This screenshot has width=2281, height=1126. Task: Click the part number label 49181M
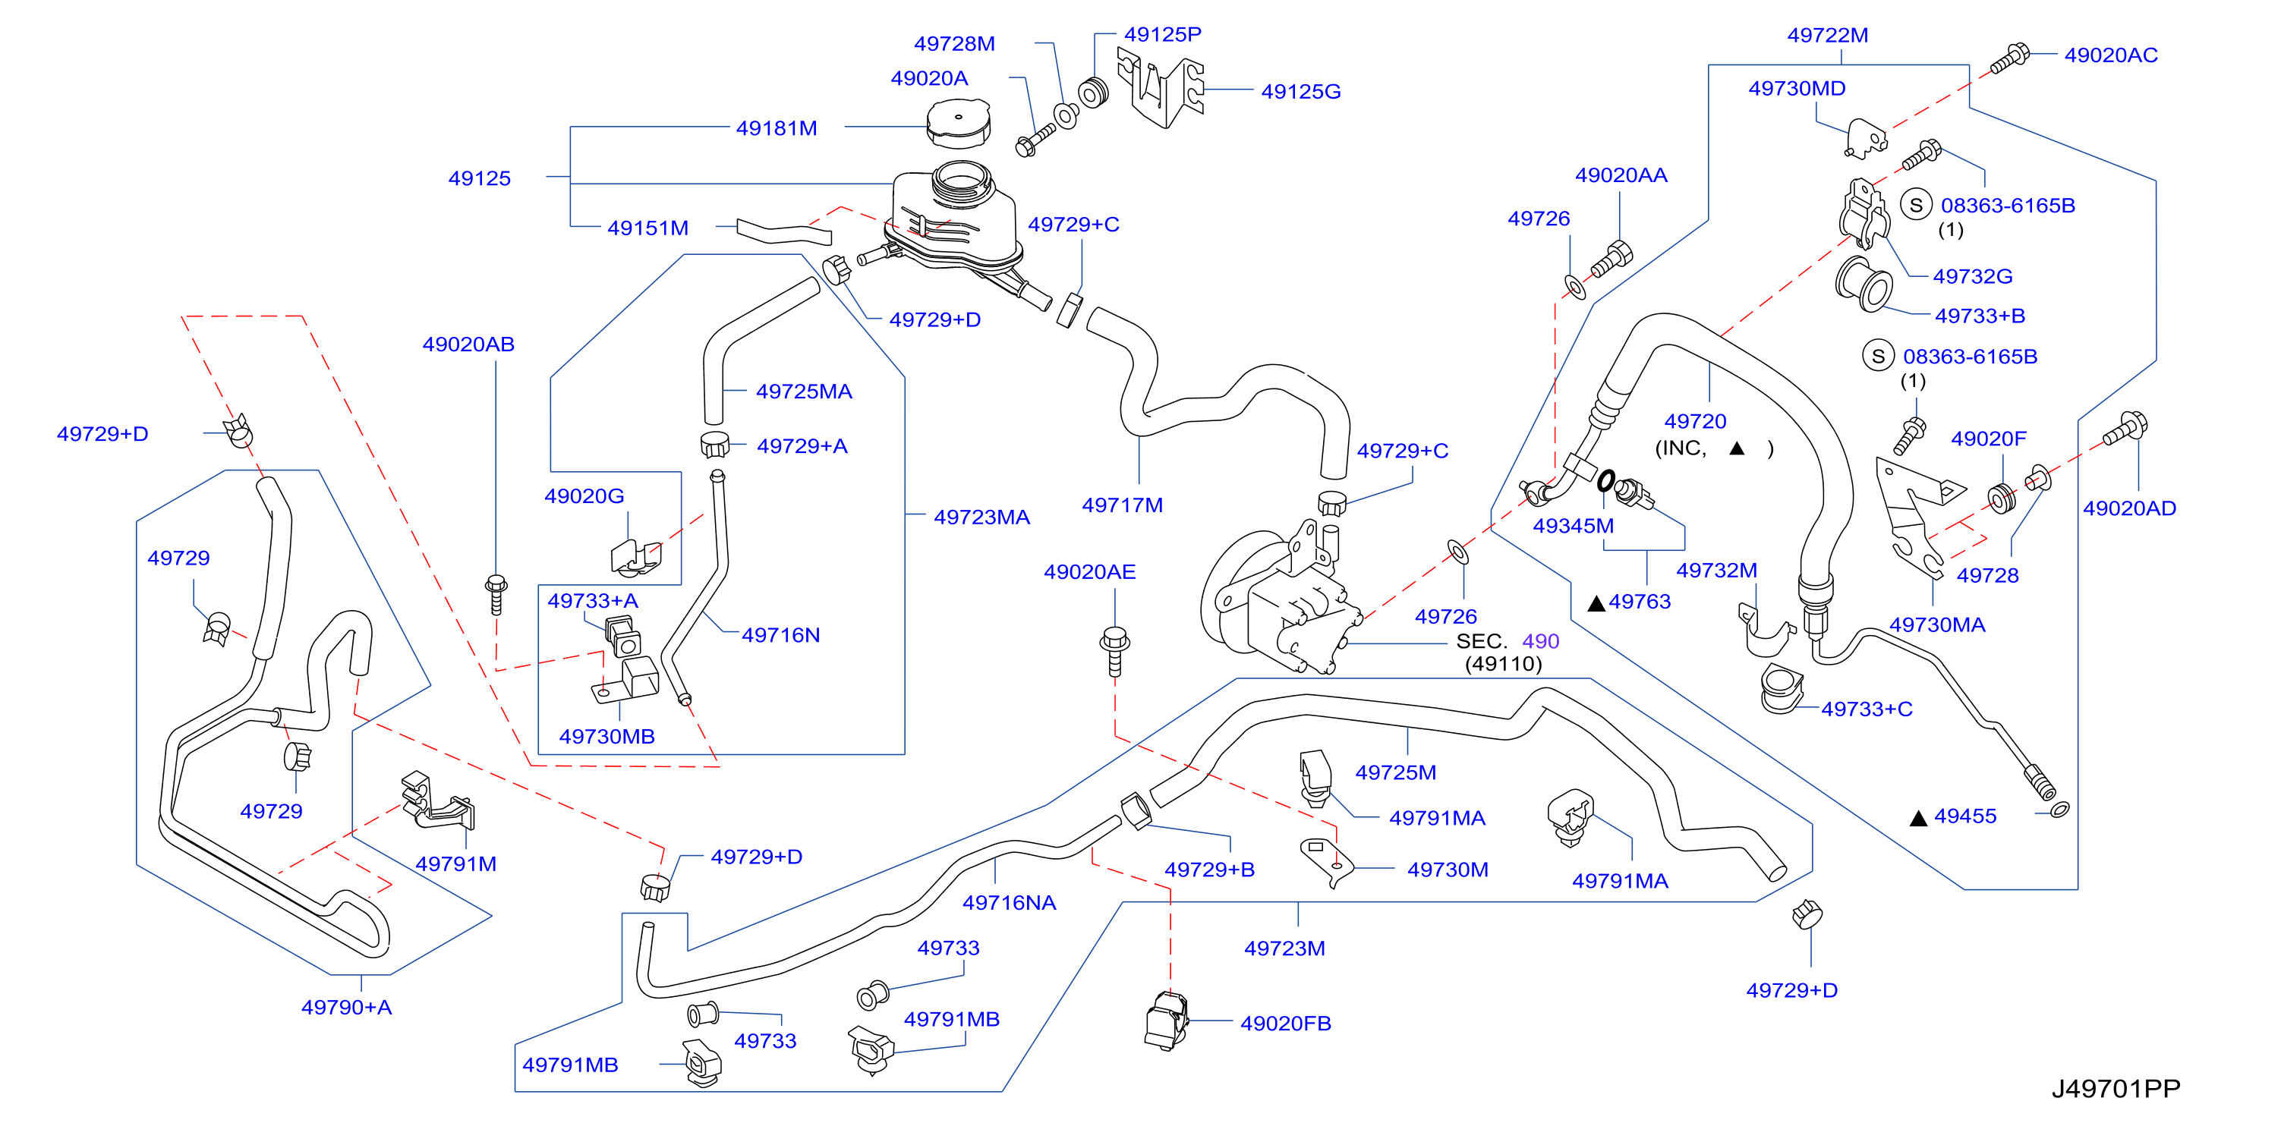776,127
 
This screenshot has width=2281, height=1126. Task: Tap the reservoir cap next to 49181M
958,123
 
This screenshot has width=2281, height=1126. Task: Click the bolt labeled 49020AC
2009,58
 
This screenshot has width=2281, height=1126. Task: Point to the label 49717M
1122,505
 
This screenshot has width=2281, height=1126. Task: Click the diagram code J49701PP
2116,1088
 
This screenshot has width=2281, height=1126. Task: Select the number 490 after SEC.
1540,641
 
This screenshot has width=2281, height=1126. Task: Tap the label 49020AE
1089,572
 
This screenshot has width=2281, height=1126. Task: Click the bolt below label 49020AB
496,594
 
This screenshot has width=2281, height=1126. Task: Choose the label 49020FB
1285,1024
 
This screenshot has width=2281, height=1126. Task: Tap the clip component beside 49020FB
1166,1021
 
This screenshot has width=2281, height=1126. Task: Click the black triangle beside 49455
1918,818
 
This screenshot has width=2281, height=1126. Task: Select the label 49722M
1828,36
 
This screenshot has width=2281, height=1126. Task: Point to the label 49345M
1573,526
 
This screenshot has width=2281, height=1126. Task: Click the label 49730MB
606,736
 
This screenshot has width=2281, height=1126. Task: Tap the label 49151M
647,228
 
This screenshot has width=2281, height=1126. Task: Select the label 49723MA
981,517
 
